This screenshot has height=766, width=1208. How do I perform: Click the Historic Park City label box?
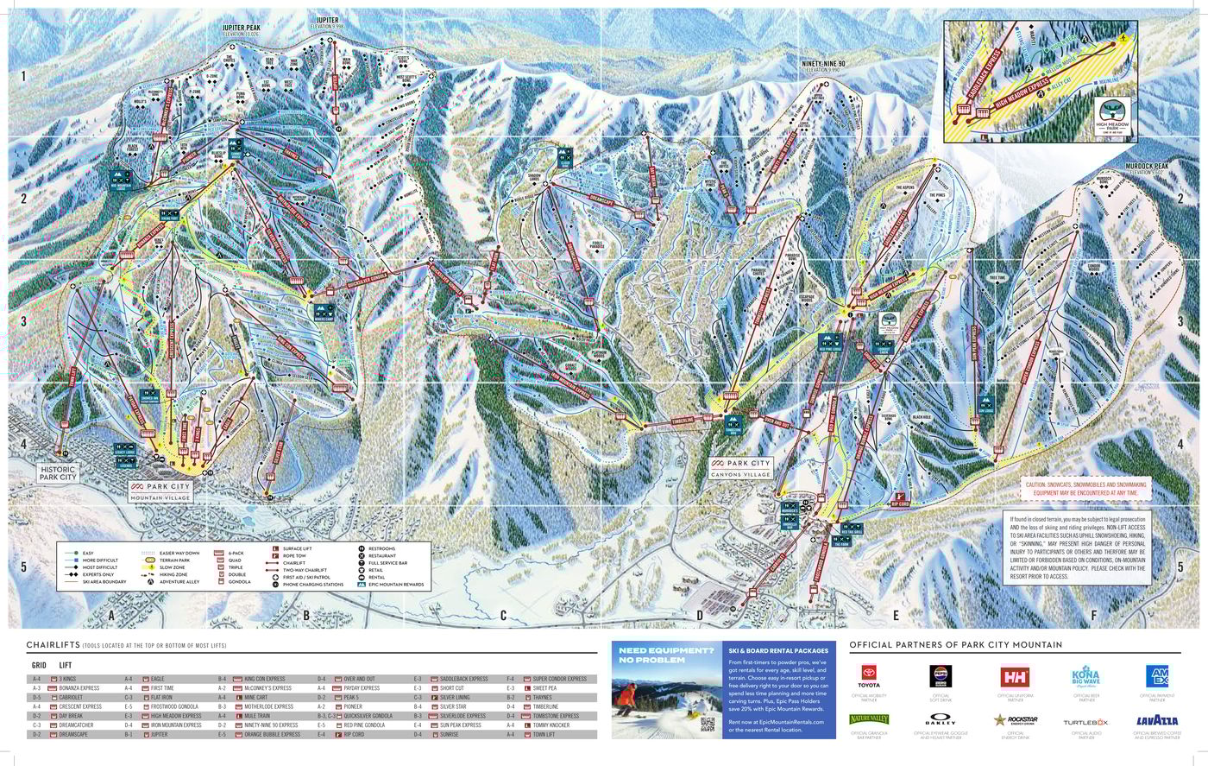(x=58, y=472)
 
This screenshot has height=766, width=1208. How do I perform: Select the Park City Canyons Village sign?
(x=740, y=467)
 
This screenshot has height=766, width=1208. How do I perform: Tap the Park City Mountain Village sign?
(x=161, y=491)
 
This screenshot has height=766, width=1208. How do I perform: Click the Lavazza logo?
(x=1157, y=720)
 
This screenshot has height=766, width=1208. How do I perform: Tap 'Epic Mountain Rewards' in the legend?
(x=396, y=585)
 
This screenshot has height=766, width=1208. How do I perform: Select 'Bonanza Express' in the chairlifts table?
(x=80, y=688)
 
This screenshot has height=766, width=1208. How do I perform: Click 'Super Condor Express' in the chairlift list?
(x=559, y=679)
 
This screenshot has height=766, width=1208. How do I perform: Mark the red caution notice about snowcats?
(x=1085, y=489)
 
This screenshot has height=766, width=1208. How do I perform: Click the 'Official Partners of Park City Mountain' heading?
(x=955, y=644)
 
